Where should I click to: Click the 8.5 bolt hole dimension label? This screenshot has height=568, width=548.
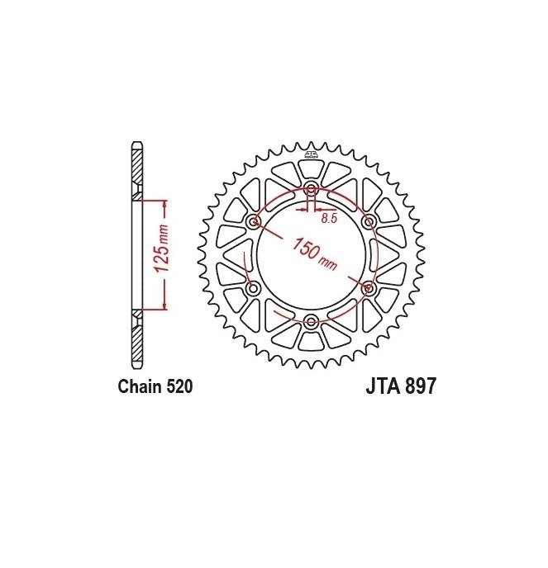pos(329,218)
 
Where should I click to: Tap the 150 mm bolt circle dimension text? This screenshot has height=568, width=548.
pos(314,254)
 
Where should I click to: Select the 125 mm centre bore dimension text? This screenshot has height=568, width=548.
pos(160,248)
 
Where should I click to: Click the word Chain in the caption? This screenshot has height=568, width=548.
pos(140,386)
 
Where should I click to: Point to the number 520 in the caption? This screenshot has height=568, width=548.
pos(179,386)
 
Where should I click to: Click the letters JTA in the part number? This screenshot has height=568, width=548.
pos(383,386)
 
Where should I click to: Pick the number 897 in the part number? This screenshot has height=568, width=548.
pos(420,386)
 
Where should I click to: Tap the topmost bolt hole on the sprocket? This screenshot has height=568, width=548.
pos(311,189)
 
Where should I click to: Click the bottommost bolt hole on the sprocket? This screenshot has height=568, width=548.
pos(311,322)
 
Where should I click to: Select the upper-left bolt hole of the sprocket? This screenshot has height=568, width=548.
pos(253,222)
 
